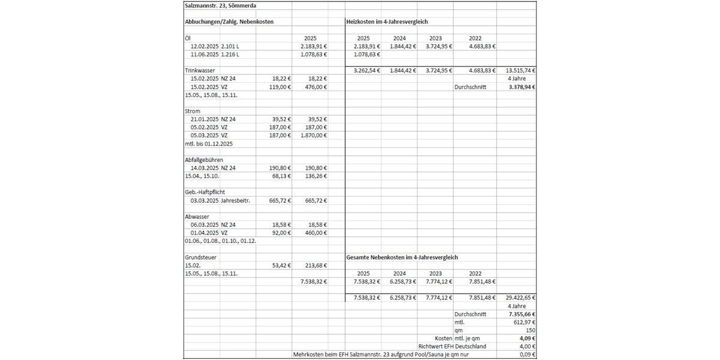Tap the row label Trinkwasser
200,70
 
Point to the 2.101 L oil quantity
230,46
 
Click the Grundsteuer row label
200,257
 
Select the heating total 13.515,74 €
520,70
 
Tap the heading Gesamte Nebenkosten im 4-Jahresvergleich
402,257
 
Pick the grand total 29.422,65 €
520,298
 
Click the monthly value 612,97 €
523,322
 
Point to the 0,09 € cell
526,355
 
